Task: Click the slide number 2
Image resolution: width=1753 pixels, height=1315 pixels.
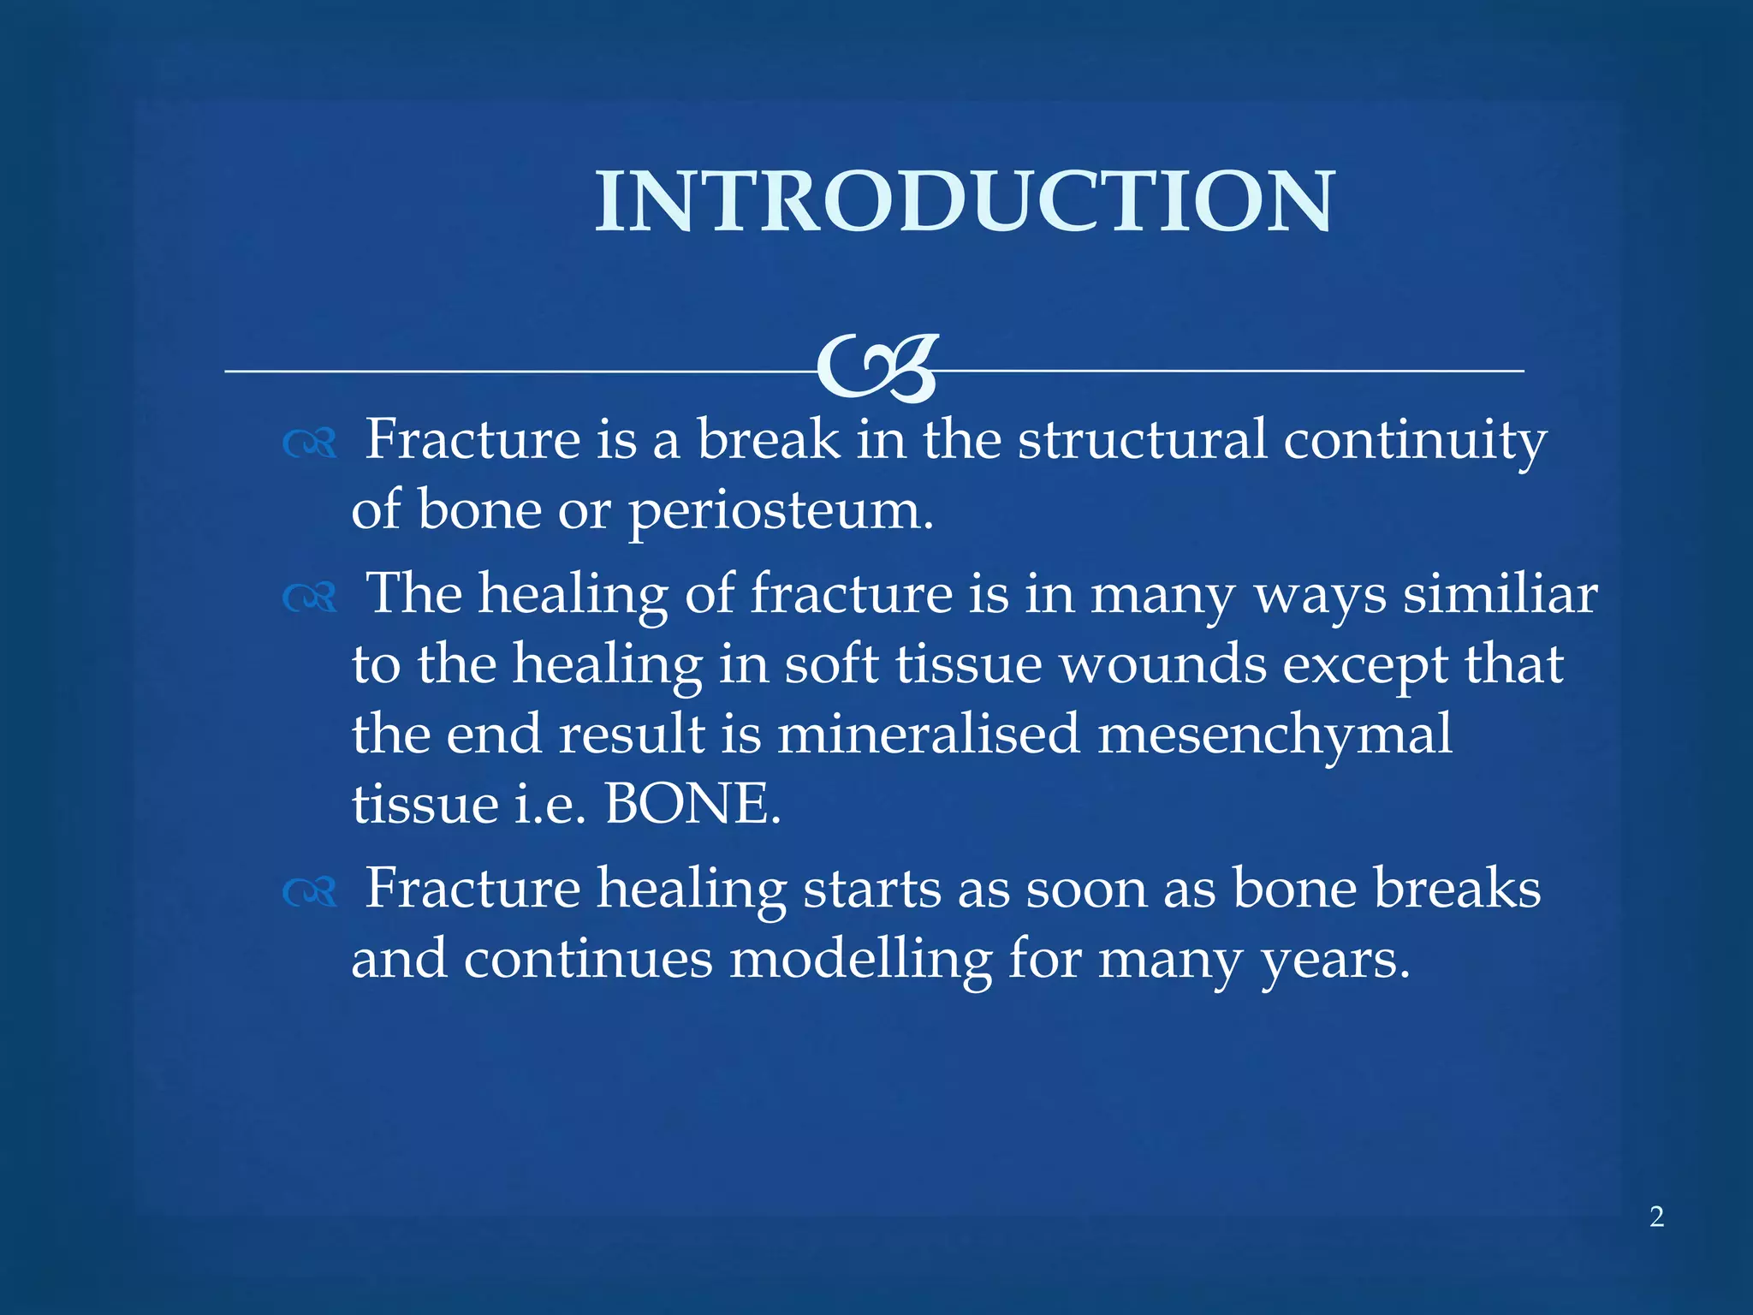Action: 1656,1217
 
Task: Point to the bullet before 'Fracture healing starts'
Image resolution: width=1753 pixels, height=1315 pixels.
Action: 309,893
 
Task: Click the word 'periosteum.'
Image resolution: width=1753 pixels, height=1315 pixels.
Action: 781,511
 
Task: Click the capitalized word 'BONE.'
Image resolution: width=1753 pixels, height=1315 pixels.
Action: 692,804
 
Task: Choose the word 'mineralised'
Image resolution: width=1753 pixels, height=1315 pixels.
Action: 928,734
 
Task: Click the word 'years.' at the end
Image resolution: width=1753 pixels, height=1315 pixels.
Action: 1334,960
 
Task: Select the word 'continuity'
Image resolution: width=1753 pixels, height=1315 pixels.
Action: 1414,440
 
